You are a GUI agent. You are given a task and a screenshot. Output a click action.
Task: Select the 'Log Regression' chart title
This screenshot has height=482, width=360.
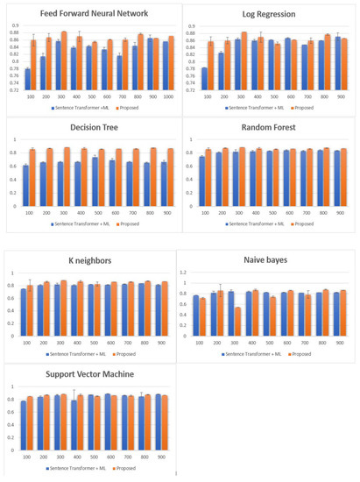tap(268, 15)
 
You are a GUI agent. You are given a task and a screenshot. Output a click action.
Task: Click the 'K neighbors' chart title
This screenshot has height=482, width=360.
tap(90, 260)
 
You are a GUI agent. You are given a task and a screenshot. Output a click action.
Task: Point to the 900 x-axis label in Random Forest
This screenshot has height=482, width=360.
tap(339, 212)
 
